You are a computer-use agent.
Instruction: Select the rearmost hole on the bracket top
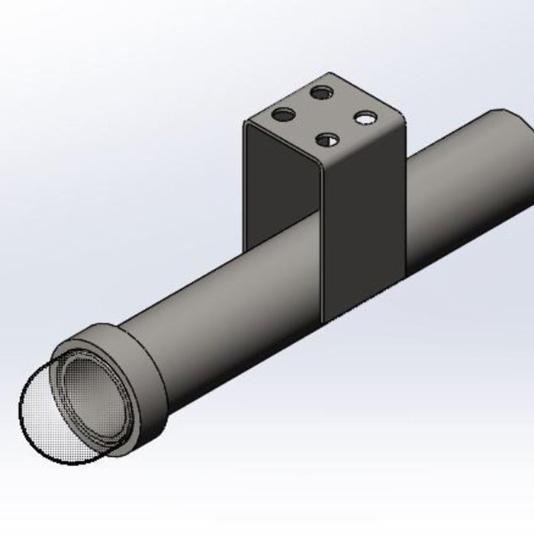(x=322, y=92)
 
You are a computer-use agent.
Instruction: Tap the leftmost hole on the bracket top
(x=283, y=116)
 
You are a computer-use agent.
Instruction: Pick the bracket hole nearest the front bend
(x=328, y=140)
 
